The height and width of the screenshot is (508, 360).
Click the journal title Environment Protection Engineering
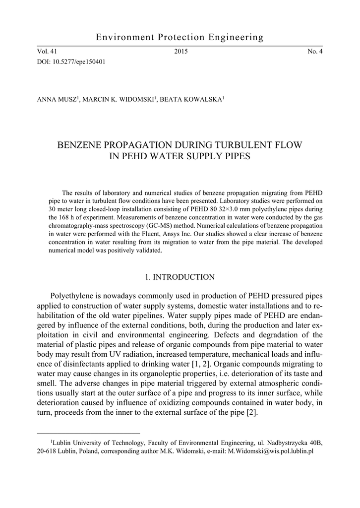[180, 38]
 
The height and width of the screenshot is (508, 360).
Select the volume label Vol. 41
[47, 52]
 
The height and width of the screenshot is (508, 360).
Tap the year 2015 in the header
[181, 52]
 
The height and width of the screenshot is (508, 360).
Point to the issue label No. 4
[315, 52]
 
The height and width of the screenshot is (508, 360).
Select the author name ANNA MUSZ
[56, 99]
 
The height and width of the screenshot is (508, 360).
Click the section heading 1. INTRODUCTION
[180, 277]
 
